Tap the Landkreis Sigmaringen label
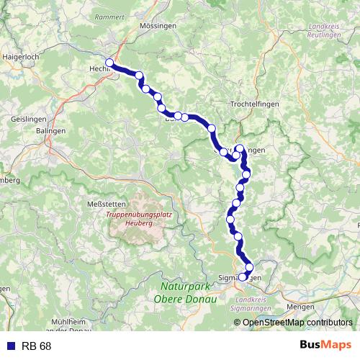coord(256,304)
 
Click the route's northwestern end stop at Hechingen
coord(109,63)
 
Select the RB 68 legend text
coord(36,346)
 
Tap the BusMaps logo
coord(326,345)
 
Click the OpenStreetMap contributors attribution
coord(297,322)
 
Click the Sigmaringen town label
coord(238,278)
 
